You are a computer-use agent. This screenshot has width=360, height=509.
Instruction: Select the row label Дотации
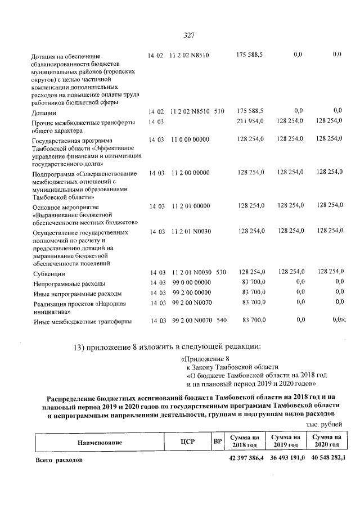(44, 113)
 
